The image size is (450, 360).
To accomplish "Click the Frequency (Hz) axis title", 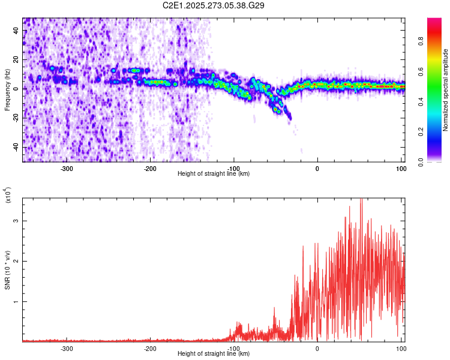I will (7, 90).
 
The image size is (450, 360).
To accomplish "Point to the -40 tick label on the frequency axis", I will (15, 148).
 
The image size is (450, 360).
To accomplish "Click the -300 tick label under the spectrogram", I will (67, 168).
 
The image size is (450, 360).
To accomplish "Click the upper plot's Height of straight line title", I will (214, 174).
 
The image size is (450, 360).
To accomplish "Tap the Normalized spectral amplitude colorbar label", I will (446, 90).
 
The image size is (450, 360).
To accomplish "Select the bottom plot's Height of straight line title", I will (214, 354).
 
